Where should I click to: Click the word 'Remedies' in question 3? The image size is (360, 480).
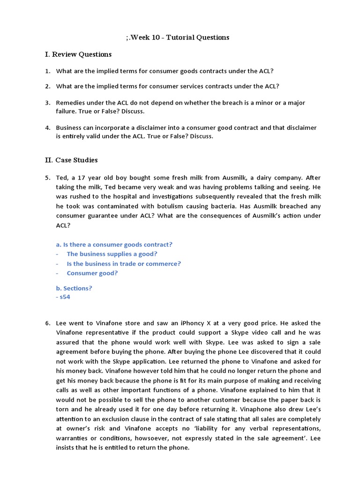[70, 102]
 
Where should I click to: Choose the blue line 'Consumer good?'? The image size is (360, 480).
[92, 273]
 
